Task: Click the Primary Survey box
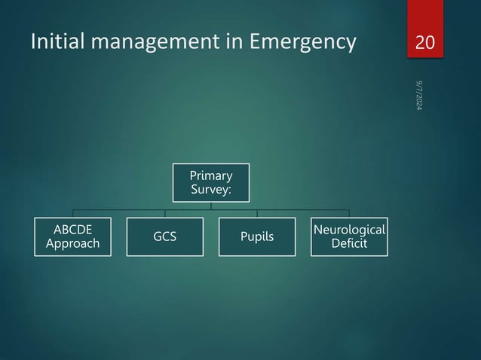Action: (210, 182)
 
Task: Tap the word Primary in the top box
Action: (210, 176)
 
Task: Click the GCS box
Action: (165, 237)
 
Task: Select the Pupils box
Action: (256, 237)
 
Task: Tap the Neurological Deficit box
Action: (348, 237)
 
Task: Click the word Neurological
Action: (348, 230)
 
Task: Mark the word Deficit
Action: (348, 244)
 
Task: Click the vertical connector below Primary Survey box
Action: (211, 206)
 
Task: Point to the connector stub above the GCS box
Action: (165, 213)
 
